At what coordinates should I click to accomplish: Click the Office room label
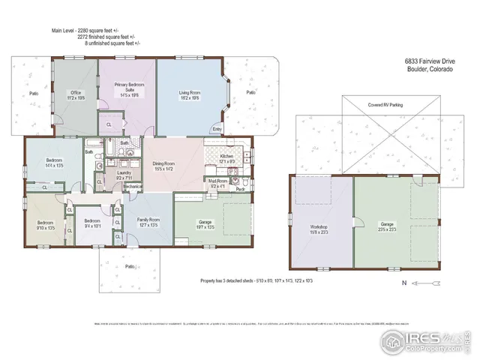point(76,94)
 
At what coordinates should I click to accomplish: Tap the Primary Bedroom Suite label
point(129,91)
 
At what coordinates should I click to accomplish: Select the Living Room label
point(189,95)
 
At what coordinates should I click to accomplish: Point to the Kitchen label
point(227,159)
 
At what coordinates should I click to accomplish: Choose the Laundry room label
point(124,175)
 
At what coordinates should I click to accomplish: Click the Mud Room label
point(217,183)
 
